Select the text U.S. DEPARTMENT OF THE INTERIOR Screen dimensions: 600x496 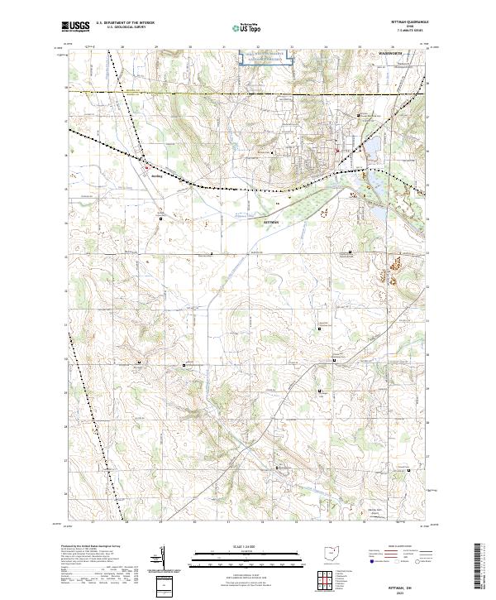(x=125, y=23)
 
